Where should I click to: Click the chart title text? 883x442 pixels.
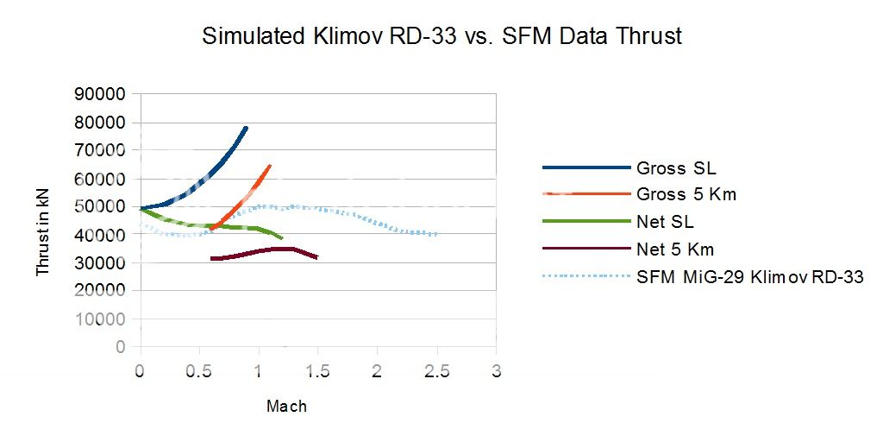coord(441,36)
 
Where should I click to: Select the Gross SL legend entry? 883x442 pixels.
coord(676,167)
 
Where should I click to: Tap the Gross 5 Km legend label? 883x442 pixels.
coord(686,194)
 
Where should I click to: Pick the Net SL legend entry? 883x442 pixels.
coord(665,223)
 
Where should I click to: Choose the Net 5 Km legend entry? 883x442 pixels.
coord(675,249)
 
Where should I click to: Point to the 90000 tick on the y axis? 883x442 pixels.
coord(102,94)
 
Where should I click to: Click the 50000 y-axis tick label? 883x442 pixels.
coord(102,206)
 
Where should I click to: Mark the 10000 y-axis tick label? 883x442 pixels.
coord(102,319)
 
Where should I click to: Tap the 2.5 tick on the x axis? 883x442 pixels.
coord(436,370)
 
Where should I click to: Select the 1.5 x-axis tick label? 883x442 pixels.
coord(318,370)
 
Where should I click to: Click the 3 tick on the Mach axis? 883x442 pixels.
coord(496,370)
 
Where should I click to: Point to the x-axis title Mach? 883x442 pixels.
coord(286,406)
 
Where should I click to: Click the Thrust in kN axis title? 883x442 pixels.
coord(43,222)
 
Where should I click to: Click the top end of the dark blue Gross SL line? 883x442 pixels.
coord(247,128)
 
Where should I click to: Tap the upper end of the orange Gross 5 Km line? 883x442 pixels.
coord(270,165)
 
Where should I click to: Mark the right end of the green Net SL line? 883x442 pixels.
coord(282,237)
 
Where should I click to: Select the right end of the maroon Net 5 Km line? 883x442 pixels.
coord(317,257)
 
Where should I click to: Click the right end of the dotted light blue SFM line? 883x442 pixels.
coord(436,234)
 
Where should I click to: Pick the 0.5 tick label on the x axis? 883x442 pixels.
coord(199,370)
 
